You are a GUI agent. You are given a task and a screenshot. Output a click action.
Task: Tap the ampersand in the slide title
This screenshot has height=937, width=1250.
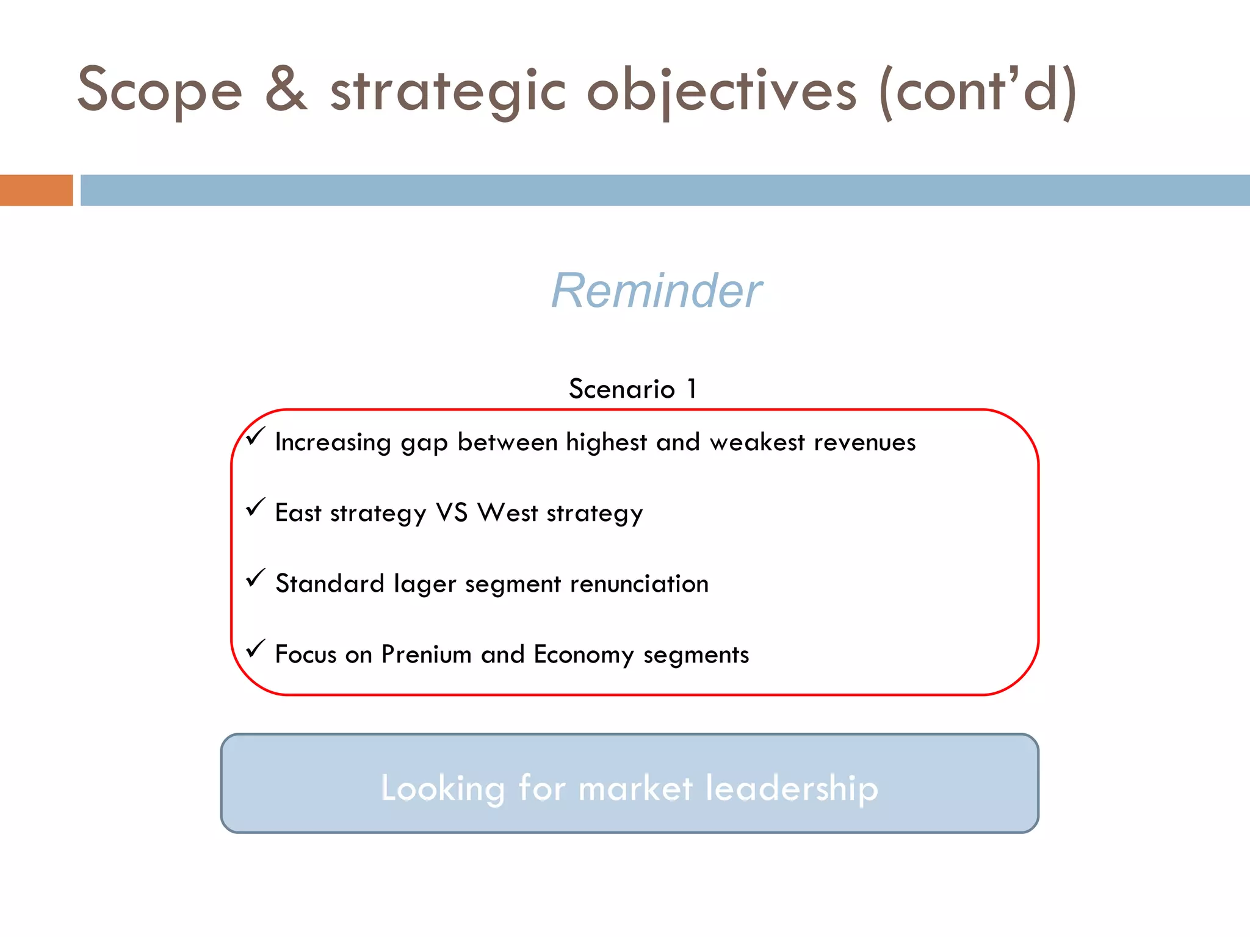click(286, 90)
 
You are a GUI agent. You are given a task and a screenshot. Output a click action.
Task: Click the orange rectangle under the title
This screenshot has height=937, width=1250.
click(36, 190)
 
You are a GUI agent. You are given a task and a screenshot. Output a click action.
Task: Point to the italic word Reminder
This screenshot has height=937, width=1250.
click(657, 291)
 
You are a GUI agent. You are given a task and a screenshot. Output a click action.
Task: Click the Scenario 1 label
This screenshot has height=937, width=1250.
click(633, 389)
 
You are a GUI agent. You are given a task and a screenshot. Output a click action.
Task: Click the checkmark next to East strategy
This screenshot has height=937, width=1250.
click(256, 507)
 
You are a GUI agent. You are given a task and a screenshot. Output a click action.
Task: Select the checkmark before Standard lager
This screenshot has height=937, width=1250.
click(256, 578)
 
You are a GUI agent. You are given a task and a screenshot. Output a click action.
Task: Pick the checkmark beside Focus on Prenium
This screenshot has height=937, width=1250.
click(256, 648)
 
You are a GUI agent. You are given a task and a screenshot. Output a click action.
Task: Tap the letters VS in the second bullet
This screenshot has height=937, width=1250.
click(452, 513)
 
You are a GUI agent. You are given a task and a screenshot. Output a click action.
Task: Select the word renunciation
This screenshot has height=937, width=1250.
click(639, 584)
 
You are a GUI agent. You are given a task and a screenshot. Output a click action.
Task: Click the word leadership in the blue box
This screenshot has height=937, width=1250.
click(792, 788)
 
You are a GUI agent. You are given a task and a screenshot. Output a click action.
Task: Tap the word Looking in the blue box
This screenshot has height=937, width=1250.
click(443, 789)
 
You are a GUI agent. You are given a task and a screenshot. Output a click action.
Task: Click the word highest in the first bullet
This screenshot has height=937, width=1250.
click(606, 443)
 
